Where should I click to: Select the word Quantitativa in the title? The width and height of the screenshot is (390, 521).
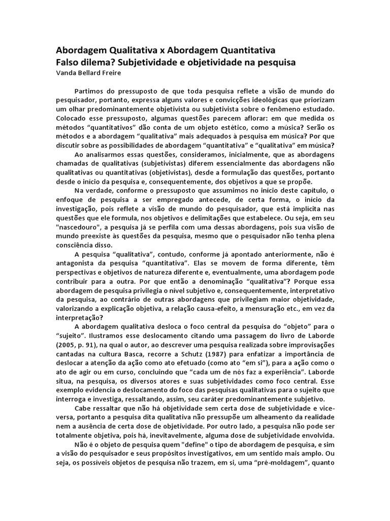[x=247, y=51]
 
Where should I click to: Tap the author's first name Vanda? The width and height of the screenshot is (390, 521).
[x=66, y=72]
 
